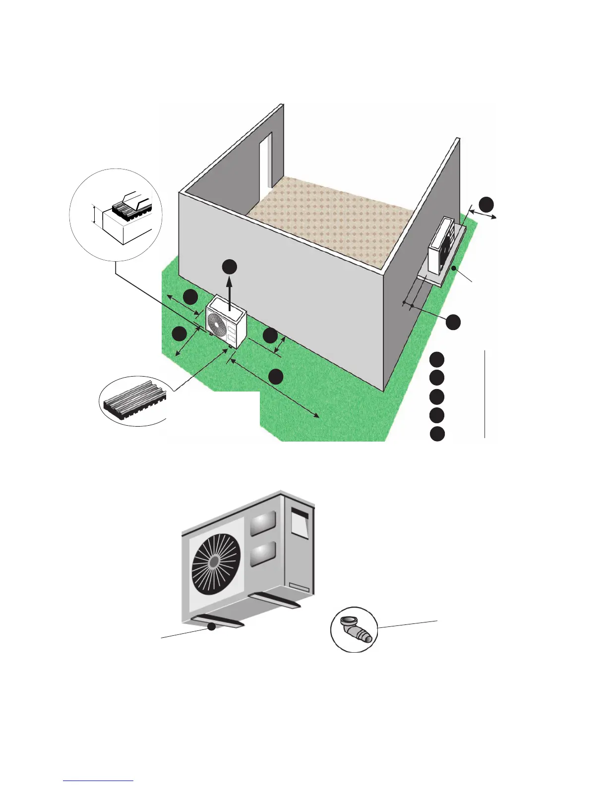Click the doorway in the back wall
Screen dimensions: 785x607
click(x=266, y=161)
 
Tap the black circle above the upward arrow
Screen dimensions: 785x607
click(x=229, y=267)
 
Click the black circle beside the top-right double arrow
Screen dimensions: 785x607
click(x=486, y=203)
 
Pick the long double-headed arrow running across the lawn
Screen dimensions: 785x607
click(x=274, y=390)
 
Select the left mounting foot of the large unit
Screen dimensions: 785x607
click(x=216, y=621)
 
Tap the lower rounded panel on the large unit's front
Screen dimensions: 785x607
click(x=263, y=554)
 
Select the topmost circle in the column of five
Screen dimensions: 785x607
click(x=437, y=359)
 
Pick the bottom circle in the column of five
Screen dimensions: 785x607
click(x=437, y=434)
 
